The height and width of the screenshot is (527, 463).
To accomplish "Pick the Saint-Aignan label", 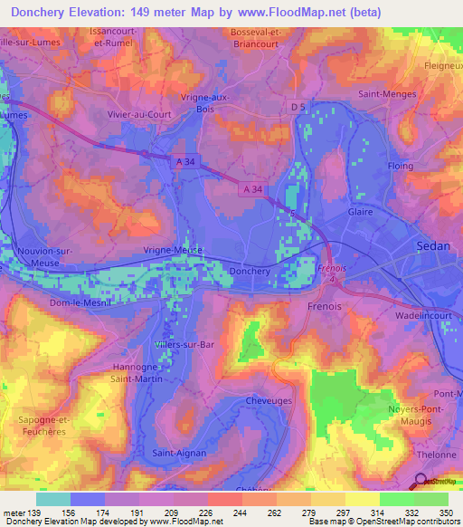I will tap(179, 452).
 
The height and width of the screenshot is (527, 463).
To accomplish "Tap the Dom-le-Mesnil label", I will tap(79, 302).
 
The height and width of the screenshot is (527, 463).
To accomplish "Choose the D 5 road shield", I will tap(299, 108).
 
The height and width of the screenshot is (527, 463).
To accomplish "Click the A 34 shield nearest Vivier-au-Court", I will tap(184, 159).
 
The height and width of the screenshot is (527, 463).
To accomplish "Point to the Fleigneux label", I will tap(442, 65).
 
